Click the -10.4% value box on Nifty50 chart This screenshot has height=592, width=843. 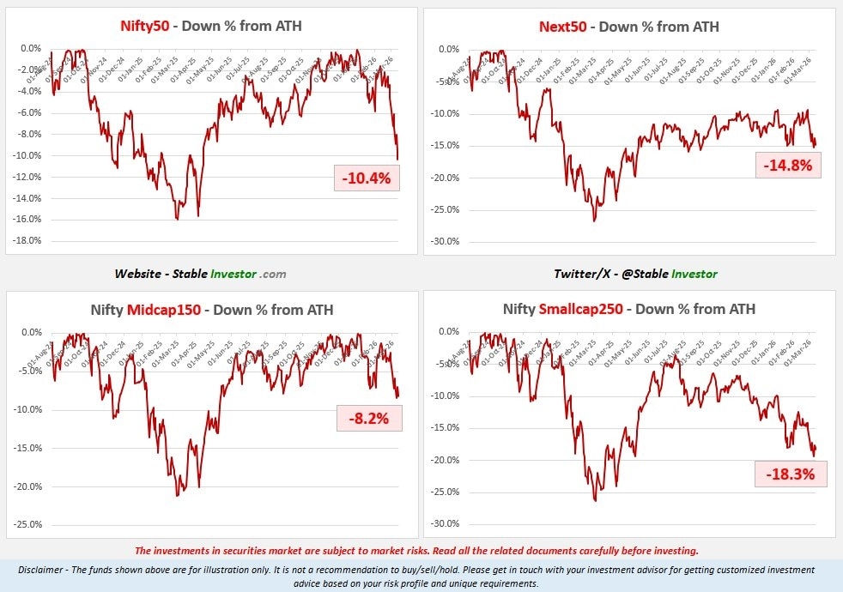point(367,178)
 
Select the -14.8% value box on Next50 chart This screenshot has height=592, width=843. point(788,165)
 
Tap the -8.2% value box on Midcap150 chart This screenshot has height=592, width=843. point(369,419)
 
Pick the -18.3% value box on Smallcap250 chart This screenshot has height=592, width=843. point(790,473)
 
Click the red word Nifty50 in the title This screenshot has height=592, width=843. point(144,26)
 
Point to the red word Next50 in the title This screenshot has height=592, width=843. point(562,26)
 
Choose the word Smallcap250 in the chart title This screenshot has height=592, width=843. point(585,309)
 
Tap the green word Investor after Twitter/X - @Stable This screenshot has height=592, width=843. point(692,274)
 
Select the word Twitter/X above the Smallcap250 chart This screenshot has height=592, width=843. point(581,274)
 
